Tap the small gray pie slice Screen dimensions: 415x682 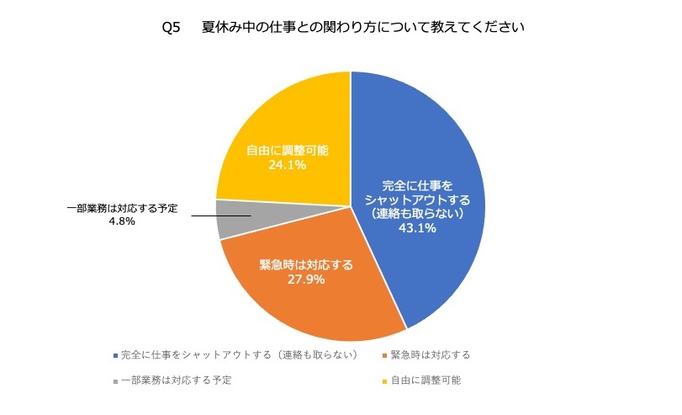(231, 219)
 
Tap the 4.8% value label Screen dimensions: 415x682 (121, 221)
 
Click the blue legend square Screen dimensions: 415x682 (115, 354)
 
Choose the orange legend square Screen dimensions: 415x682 (384, 354)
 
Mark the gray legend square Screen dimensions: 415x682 (115, 380)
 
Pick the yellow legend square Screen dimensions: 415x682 (384, 380)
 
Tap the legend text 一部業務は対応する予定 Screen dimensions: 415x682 (176, 380)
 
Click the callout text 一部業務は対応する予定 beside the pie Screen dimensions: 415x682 (122, 209)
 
